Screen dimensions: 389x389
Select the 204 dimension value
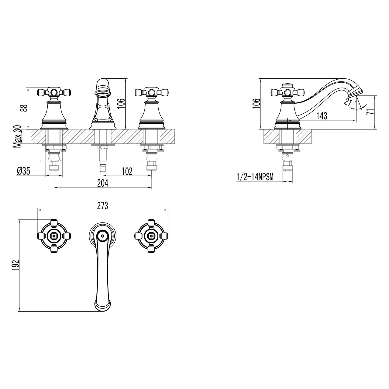103,183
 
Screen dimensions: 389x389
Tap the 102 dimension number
127,171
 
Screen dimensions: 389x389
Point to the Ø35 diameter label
23,171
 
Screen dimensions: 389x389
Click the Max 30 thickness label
17,136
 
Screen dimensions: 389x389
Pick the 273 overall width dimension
102,206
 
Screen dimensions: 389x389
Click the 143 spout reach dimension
322,116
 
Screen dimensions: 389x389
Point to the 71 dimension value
370,112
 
